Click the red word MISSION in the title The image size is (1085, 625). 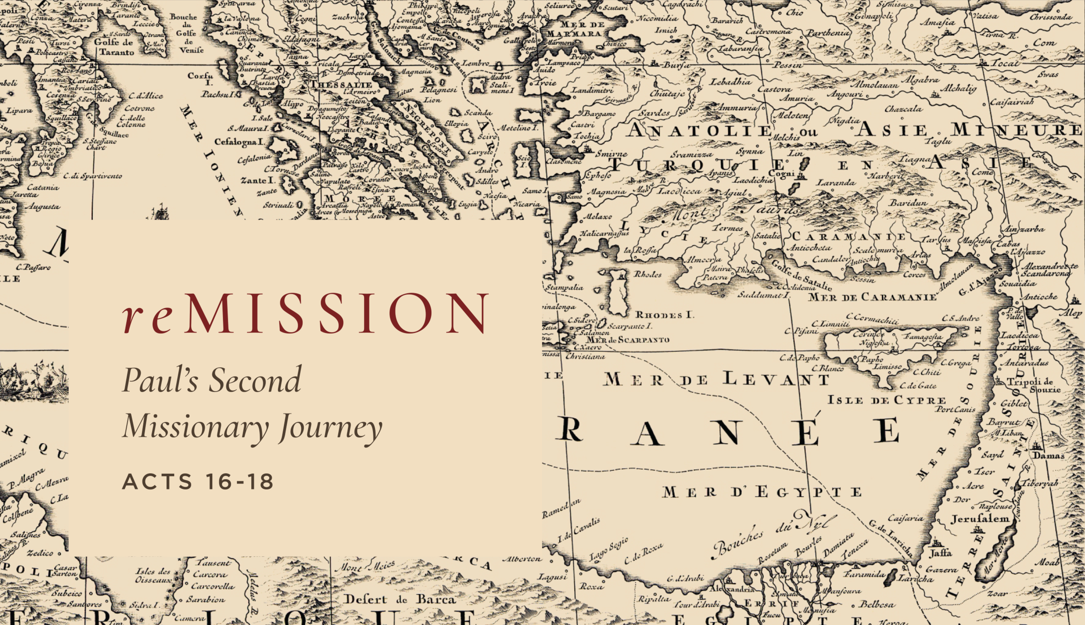click(336, 313)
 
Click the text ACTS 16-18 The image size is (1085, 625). click(198, 482)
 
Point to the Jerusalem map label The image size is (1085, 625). click(980, 519)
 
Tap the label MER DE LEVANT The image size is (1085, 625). click(716, 380)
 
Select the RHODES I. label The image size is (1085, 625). click(664, 315)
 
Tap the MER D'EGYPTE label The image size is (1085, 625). click(762, 492)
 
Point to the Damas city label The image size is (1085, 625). click(1048, 455)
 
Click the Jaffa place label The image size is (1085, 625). click(940, 553)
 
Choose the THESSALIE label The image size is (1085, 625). click(341, 85)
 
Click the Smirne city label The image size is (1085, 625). click(611, 154)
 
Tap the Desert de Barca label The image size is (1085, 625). click(400, 599)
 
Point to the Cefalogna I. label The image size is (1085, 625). click(239, 142)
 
